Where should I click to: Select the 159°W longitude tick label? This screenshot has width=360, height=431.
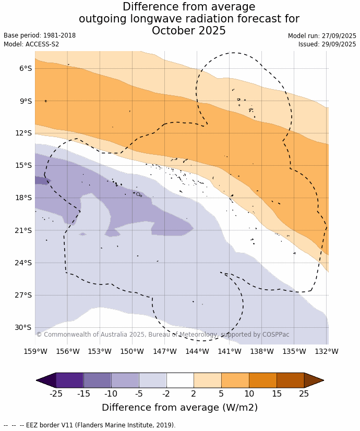[35, 351]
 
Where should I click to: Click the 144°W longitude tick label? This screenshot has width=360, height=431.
[197, 351]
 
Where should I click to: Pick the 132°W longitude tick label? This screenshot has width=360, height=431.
[327, 351]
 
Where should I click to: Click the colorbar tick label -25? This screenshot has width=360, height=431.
[56, 393]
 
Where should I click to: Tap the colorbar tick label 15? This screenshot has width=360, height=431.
[277, 393]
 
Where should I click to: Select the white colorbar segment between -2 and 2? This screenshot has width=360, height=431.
[180, 380]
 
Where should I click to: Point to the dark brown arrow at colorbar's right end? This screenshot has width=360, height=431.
[313, 380]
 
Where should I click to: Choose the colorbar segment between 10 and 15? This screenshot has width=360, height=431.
[262, 380]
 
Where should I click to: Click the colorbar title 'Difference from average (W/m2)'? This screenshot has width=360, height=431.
[179, 408]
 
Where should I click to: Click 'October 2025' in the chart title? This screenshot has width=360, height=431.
[189, 31]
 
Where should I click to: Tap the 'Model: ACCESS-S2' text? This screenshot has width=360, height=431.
[31, 44]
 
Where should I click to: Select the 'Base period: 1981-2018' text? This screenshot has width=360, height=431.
[40, 35]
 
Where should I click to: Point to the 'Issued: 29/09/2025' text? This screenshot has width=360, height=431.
[327, 44]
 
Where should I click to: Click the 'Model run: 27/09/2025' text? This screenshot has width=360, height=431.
[322, 35]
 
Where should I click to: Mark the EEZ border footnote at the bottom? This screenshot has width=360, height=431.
[89, 425]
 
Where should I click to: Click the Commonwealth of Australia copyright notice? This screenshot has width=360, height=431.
[163, 335]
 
